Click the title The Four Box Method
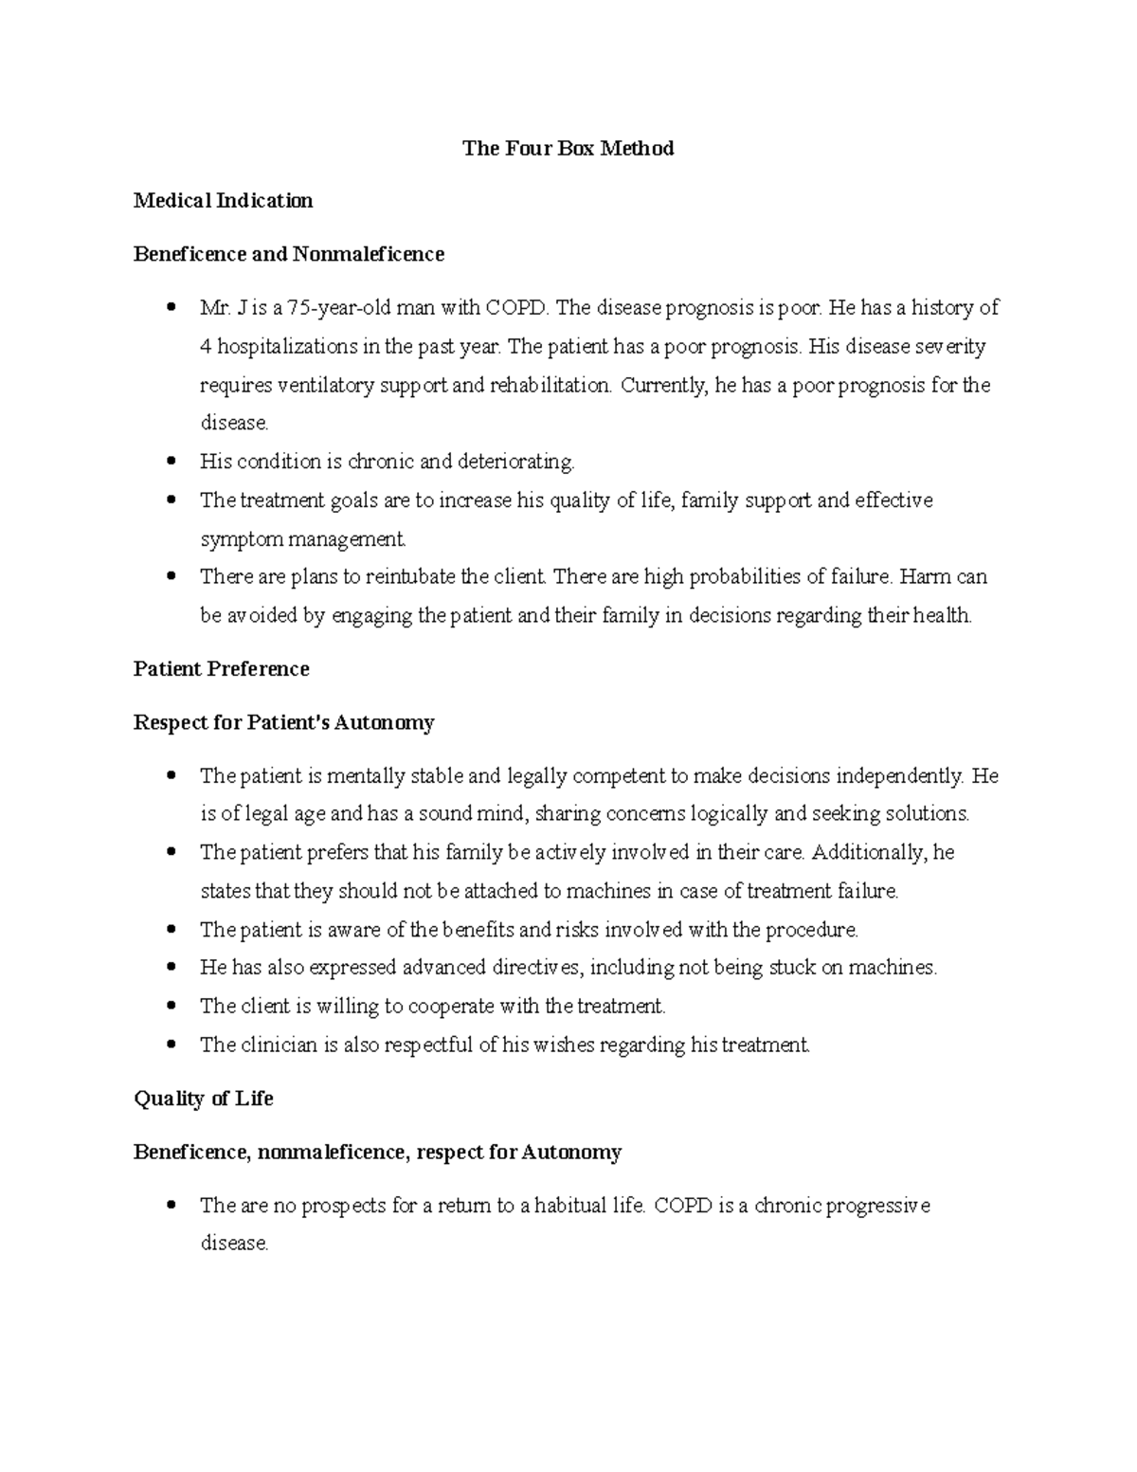pos(568,148)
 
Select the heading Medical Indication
pos(223,201)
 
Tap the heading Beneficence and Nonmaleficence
pos(288,254)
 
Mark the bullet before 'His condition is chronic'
pos(171,462)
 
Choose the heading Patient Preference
pos(221,669)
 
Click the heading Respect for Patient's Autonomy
pos(283,723)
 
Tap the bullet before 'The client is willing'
pos(171,1007)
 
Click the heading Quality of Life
pos(204,1099)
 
